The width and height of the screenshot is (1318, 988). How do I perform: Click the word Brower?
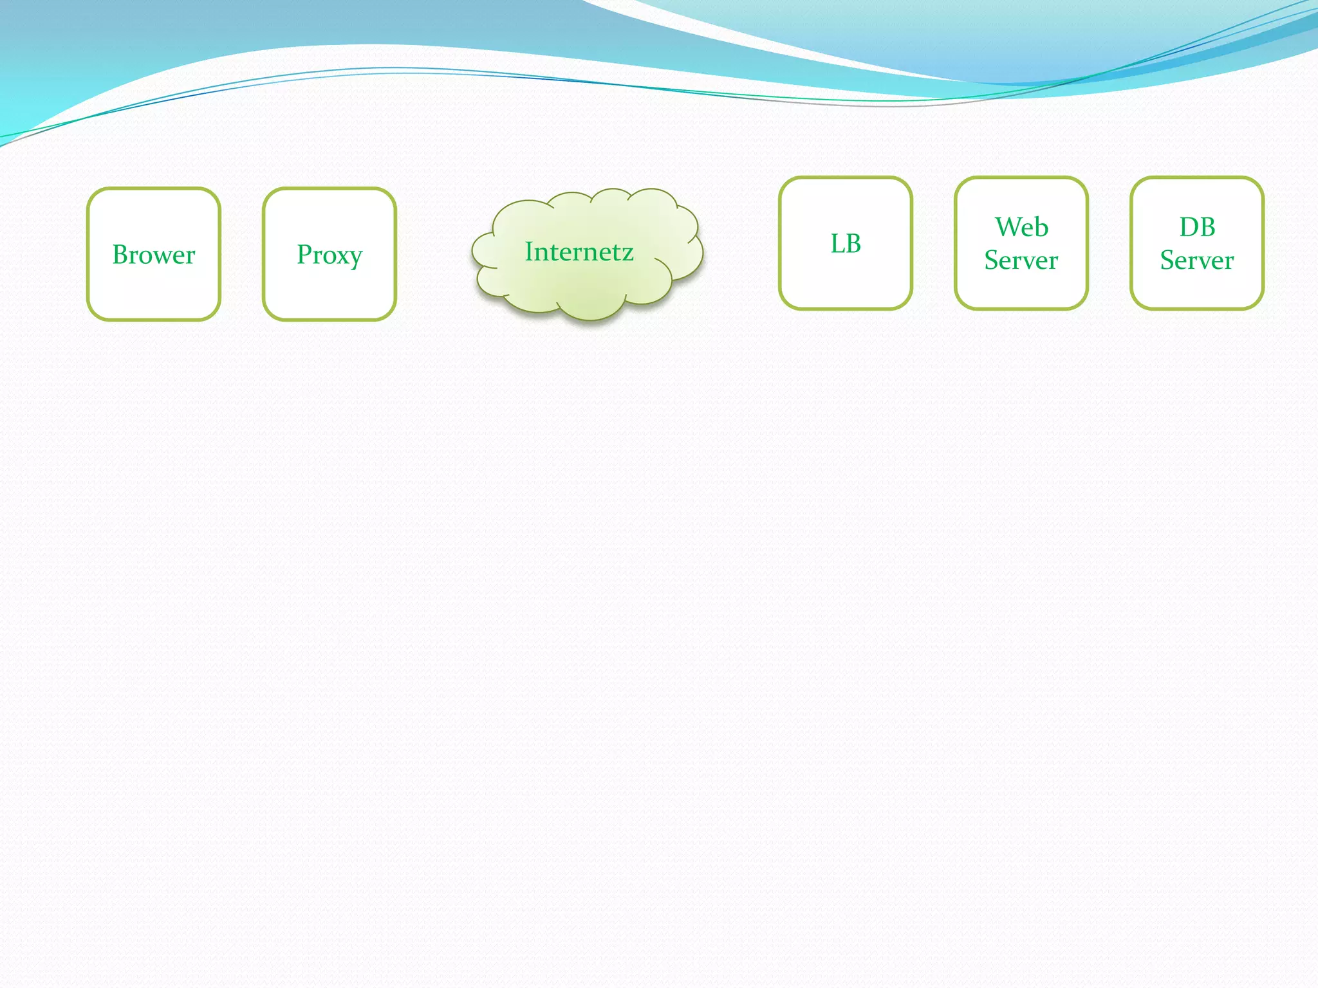pos(154,255)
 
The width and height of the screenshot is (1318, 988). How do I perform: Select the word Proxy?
pos(329,255)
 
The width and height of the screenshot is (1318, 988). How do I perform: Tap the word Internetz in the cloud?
pos(579,252)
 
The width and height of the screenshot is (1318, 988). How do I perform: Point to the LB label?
pos(846,244)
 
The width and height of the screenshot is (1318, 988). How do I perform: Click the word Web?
pos(1021,227)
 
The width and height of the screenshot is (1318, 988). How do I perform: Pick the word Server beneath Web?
pos(1021,261)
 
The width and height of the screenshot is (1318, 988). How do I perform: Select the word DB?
pos(1197,227)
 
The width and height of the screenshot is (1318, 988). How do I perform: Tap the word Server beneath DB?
pos(1197,261)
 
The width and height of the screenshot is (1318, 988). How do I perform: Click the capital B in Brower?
pos(120,255)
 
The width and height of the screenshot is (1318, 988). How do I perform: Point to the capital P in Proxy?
pos(304,254)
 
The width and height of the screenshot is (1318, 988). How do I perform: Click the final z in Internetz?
pos(627,253)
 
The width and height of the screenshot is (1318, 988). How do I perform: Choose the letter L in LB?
pos(837,244)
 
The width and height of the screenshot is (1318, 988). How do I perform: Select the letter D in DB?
pos(1189,227)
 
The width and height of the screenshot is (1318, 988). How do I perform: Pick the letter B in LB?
pos(854,244)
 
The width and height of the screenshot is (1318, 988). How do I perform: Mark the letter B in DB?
pos(1207,227)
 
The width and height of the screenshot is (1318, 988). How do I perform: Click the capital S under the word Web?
pos(991,261)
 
